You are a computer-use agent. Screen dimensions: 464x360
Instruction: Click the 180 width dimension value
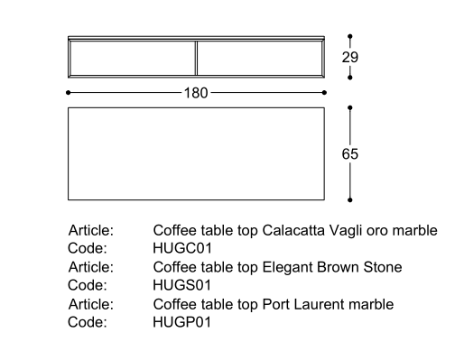click(196, 93)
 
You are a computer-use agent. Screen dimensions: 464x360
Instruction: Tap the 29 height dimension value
click(350, 57)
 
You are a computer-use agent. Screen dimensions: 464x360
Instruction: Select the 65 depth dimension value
click(350, 154)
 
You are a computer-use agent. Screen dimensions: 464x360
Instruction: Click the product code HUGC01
click(182, 248)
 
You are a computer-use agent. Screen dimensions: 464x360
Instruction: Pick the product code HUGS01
click(182, 285)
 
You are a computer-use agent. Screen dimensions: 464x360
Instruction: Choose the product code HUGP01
click(182, 322)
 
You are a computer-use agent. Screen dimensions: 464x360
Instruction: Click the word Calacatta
click(293, 231)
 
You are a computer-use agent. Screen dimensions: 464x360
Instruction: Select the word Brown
click(338, 267)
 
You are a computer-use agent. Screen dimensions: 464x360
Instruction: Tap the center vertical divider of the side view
click(196, 58)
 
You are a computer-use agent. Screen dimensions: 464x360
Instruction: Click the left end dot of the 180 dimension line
click(69, 93)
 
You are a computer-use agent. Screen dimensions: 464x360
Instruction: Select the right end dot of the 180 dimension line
click(324, 93)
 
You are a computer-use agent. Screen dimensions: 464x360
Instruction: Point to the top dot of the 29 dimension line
click(350, 36)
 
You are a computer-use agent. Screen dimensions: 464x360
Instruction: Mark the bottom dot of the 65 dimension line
click(350, 200)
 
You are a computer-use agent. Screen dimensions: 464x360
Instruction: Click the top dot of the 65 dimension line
click(350, 107)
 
